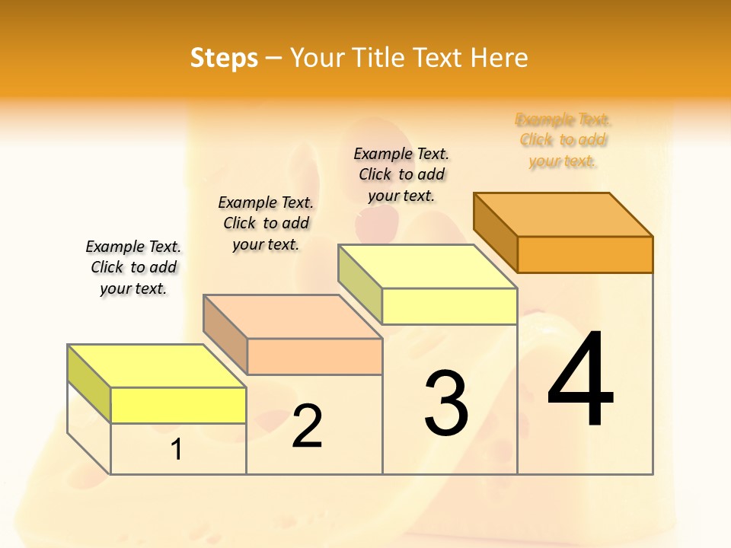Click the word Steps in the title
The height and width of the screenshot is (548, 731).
(x=224, y=58)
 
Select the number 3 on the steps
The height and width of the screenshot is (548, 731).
(x=446, y=403)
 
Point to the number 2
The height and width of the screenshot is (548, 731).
(x=308, y=426)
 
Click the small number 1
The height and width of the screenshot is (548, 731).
(x=177, y=450)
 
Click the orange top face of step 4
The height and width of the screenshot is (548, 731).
(x=563, y=214)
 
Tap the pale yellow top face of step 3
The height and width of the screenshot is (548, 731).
(x=428, y=266)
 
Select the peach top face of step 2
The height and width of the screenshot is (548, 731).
(x=292, y=317)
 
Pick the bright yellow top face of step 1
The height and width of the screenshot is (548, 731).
(x=157, y=366)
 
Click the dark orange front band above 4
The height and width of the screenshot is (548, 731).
(x=585, y=254)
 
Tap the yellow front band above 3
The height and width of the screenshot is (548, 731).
(x=449, y=306)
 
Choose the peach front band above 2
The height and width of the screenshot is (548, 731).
(x=314, y=356)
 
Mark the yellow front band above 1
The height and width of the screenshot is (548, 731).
(x=178, y=405)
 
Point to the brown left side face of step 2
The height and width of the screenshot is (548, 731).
(x=225, y=333)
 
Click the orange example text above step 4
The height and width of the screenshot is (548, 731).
(x=563, y=140)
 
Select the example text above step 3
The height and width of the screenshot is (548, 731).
(x=401, y=174)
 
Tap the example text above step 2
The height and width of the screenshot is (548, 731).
(x=266, y=223)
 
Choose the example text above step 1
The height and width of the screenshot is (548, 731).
(x=133, y=267)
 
